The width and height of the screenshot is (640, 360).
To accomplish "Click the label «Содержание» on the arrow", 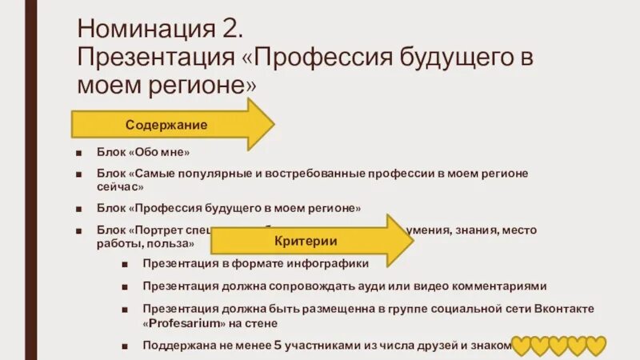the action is [x=166, y=125].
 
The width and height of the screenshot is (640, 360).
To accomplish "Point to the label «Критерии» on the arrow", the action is [x=306, y=240].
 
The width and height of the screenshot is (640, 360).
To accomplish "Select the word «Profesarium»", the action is [x=185, y=323].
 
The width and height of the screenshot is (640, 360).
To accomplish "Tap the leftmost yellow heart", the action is [x=522, y=346].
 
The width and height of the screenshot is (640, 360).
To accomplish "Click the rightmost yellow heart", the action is [x=595, y=346].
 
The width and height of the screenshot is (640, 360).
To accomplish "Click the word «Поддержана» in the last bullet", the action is [x=178, y=346].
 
